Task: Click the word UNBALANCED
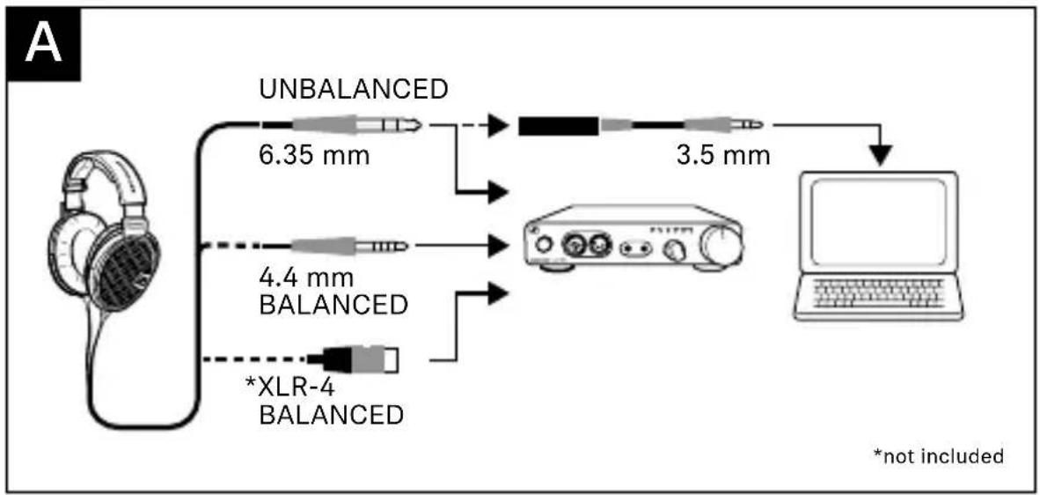coord(355,89)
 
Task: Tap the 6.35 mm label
coord(314,158)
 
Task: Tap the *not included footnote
coord(938,456)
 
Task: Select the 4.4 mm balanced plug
coord(349,246)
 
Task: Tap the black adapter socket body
coord(559,125)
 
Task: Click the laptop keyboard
coord(878,292)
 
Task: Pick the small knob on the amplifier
coord(676,251)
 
